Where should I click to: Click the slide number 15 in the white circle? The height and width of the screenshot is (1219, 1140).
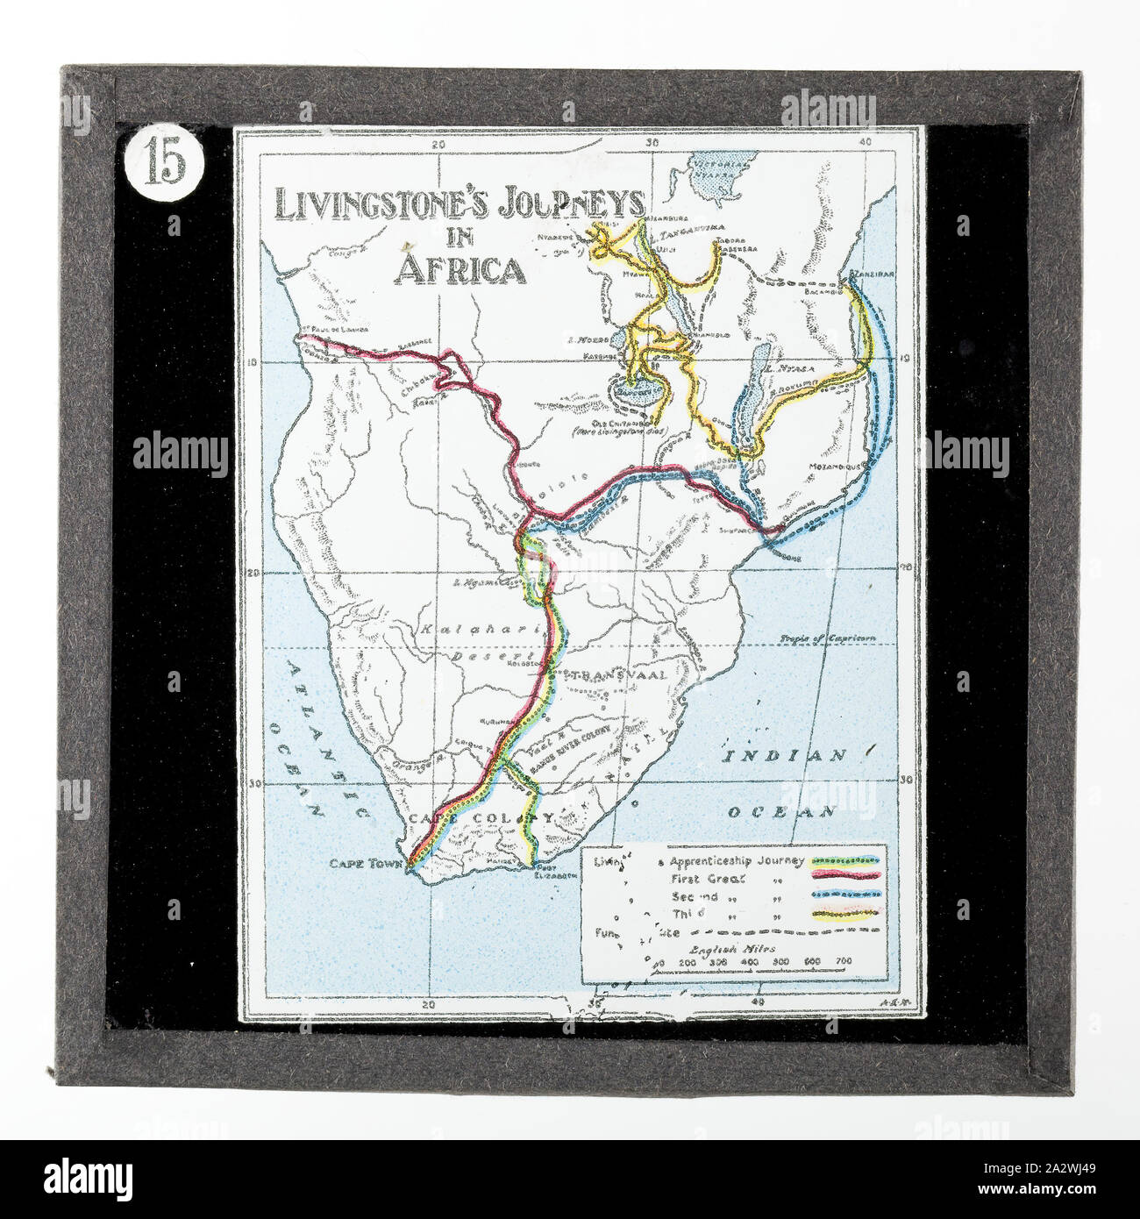166,162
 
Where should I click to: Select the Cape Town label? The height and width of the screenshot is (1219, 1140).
367,863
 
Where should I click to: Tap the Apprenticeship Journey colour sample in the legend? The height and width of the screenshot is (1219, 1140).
847,861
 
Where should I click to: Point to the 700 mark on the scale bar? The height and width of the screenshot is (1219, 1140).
843,961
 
